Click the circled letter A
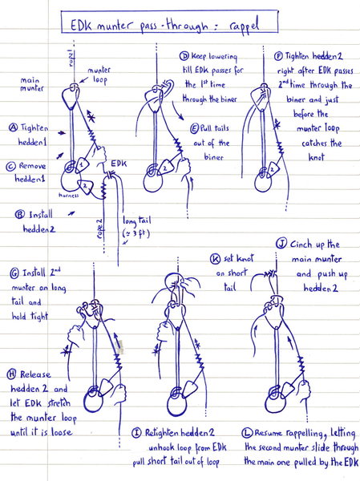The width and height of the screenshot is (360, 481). tap(14, 127)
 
